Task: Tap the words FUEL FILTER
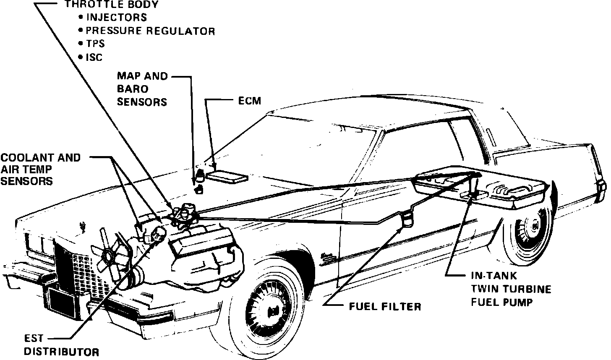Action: tap(385, 306)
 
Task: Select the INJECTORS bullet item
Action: tap(116, 18)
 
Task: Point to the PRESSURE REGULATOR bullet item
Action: tap(150, 31)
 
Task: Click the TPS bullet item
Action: tap(95, 44)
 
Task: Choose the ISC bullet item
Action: tap(94, 57)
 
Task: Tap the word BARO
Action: tap(133, 89)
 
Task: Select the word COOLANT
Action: tap(23, 158)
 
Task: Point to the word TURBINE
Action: tap(530, 289)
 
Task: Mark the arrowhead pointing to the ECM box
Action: tap(215, 167)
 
